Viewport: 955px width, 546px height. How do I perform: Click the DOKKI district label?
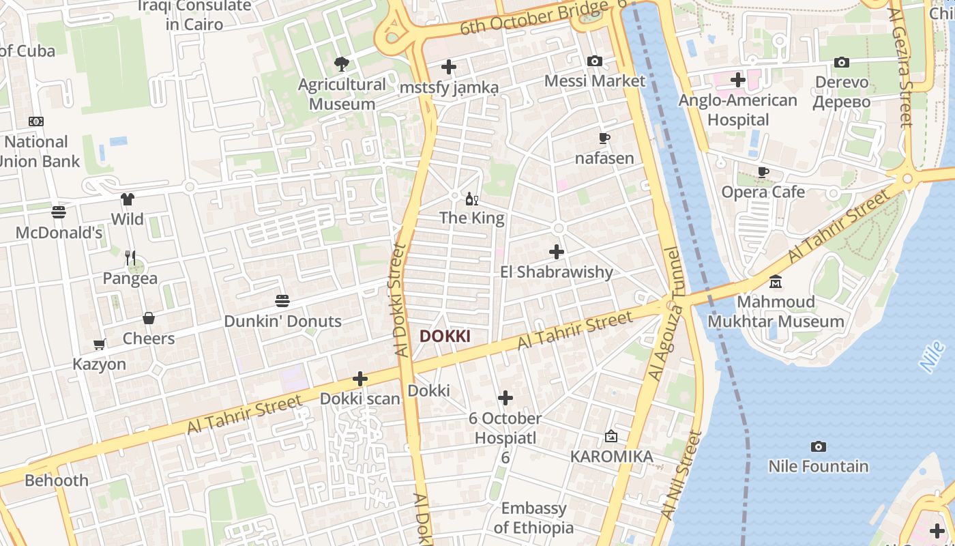[x=445, y=336]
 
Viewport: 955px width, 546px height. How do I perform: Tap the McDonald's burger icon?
[x=59, y=212]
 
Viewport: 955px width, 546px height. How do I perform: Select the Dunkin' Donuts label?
[x=282, y=321]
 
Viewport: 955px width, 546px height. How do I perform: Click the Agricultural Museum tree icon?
[x=341, y=64]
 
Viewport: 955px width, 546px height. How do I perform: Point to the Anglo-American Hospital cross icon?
[x=737, y=80]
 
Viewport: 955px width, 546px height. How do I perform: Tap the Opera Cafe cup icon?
[x=763, y=172]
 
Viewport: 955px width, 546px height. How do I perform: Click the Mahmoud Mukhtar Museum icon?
[x=776, y=281]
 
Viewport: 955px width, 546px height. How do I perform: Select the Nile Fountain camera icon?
[x=818, y=446]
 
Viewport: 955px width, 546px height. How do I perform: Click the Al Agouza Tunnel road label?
[x=666, y=314]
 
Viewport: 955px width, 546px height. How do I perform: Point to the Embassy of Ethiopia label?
[x=533, y=518]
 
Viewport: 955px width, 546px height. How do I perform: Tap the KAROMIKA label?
[x=611, y=456]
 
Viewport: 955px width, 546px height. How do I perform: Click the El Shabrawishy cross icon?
[x=557, y=252]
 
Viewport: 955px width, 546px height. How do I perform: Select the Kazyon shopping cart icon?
[x=100, y=345]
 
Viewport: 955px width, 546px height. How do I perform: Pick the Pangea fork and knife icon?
[x=130, y=258]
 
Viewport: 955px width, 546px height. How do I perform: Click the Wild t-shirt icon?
[x=128, y=199]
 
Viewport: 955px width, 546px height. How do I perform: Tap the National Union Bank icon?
[x=36, y=121]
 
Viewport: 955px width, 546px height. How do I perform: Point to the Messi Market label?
[x=594, y=81]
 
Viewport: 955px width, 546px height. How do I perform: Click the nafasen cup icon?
[x=604, y=138]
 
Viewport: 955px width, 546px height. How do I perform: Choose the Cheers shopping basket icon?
[x=149, y=318]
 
